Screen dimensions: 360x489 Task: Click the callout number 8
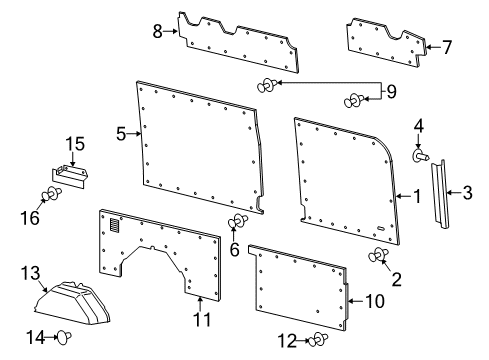157,31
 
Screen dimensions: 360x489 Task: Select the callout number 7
446,46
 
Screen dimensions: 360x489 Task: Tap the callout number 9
391,93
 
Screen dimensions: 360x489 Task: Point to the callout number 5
121,133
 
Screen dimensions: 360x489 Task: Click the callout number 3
467,192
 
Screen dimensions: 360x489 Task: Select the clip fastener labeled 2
380,257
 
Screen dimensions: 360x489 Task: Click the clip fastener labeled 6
237,222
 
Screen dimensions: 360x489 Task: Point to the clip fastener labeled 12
318,340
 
